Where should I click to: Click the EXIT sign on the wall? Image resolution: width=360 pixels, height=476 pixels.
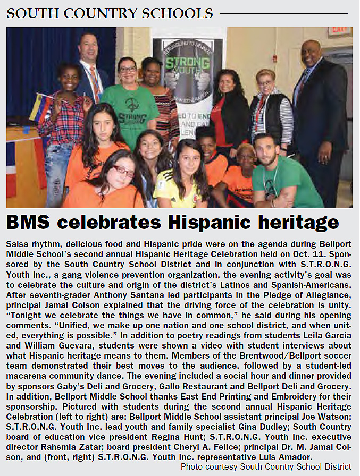click(339, 31)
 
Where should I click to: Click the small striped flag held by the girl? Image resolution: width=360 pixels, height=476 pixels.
click(38, 106)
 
